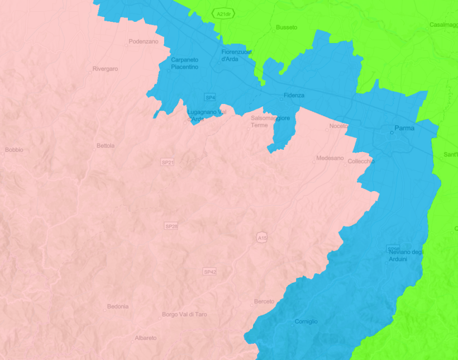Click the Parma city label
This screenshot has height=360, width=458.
click(404, 128)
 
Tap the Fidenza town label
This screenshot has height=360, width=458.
click(294, 95)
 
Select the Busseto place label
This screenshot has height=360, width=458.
click(287, 27)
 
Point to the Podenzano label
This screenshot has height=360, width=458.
click(144, 41)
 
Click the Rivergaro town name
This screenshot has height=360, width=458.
click(106, 69)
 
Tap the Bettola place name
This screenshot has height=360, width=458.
click(106, 145)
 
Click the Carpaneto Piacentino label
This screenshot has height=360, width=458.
click(184, 63)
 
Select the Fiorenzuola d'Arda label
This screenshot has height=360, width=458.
click(236, 55)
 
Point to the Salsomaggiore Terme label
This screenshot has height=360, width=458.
click(270, 121)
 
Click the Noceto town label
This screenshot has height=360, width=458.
click(338, 126)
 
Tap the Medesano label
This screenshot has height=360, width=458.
click(330, 158)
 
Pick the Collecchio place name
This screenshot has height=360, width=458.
click(361, 161)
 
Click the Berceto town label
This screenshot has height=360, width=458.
click(264, 301)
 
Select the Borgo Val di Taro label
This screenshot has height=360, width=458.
click(184, 314)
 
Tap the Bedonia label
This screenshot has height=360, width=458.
click(117, 306)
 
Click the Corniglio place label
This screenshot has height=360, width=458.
click(306, 321)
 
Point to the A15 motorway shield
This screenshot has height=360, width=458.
click(262, 238)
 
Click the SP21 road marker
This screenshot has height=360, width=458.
click(168, 162)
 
